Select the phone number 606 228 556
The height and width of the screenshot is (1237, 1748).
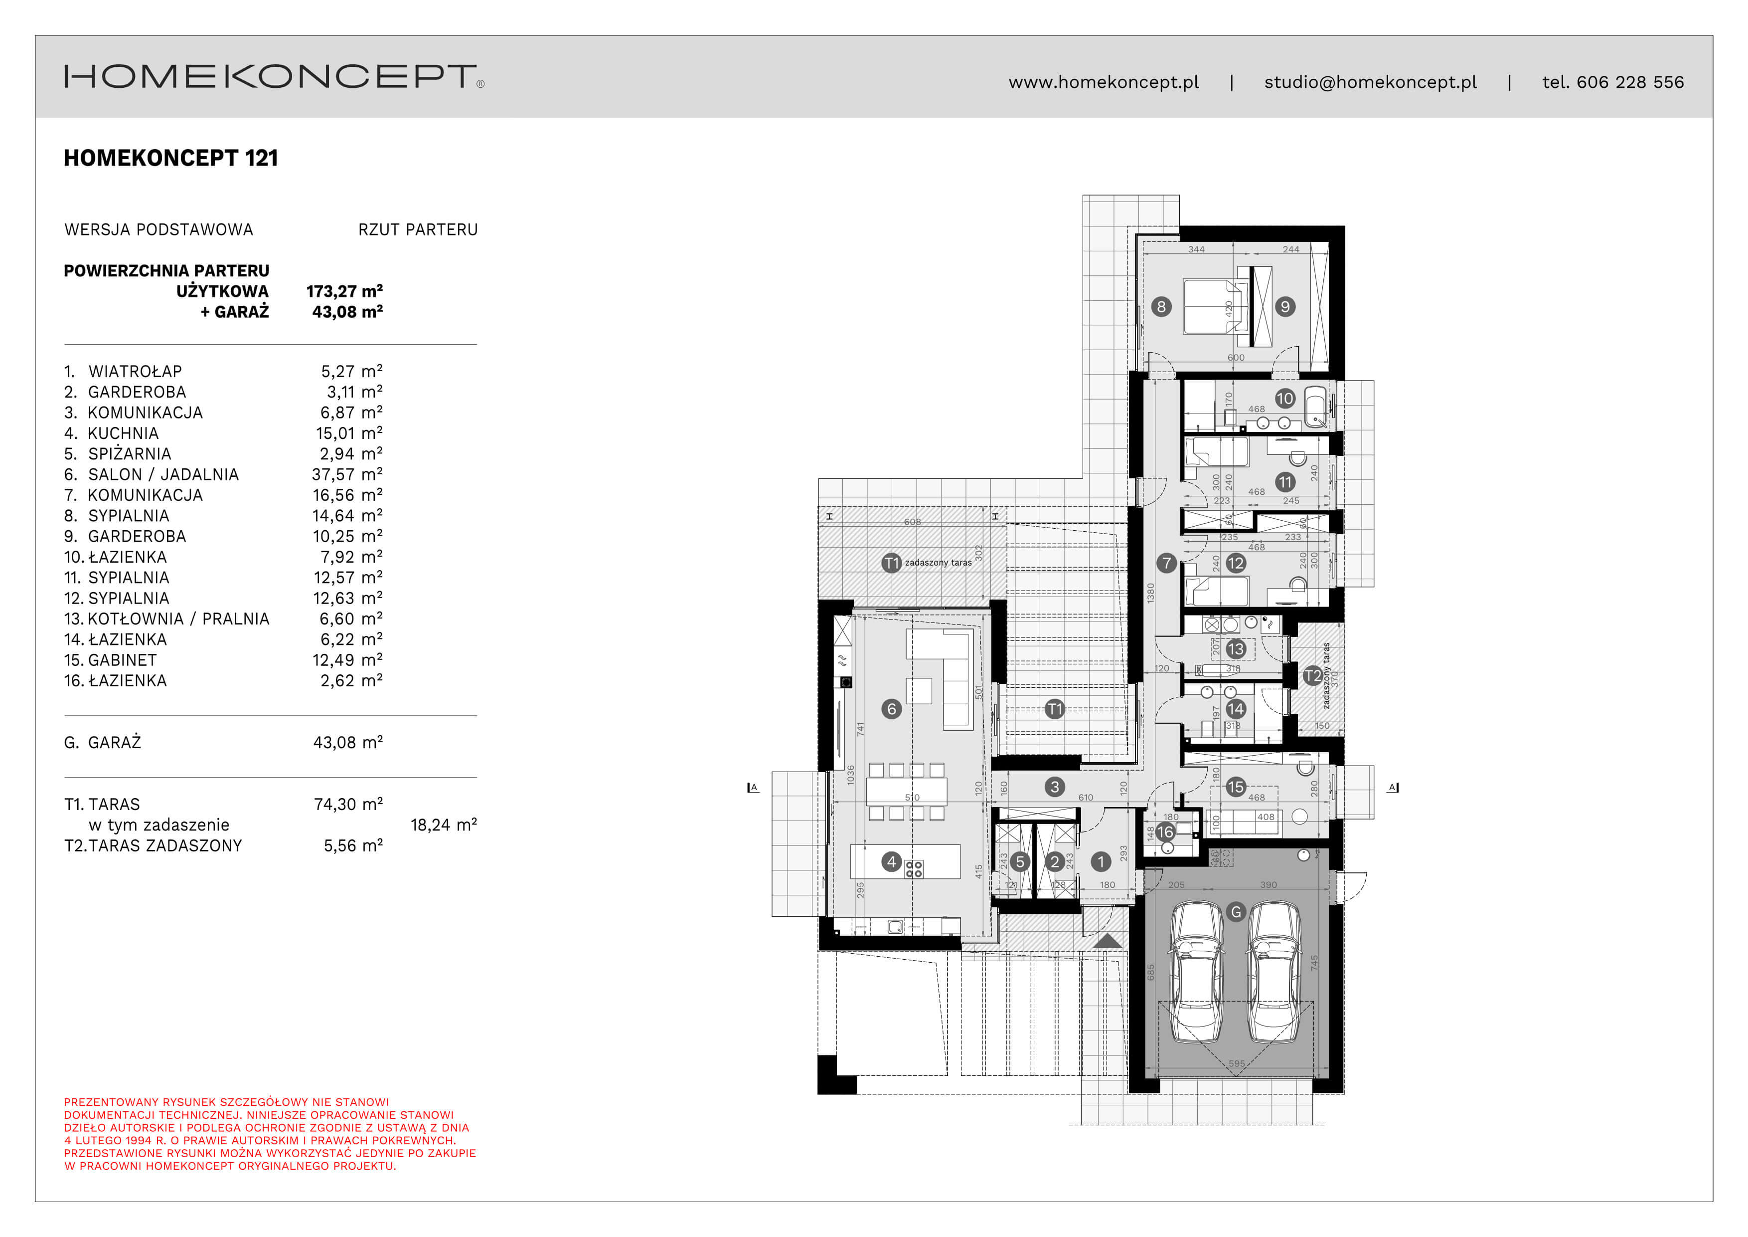[x=1629, y=82]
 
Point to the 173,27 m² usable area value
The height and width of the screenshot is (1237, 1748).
[x=344, y=291]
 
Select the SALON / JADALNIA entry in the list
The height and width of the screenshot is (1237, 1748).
[x=163, y=474]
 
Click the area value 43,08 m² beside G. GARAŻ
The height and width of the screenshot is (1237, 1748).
[x=348, y=742]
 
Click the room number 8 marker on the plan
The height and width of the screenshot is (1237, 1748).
[x=1160, y=307]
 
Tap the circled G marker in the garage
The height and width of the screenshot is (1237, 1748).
[x=1236, y=912]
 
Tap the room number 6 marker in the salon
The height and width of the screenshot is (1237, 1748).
[x=892, y=709]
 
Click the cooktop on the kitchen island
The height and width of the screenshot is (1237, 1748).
[x=914, y=868]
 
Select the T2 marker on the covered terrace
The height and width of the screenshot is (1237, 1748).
[x=1312, y=676]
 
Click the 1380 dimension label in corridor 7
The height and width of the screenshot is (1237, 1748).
[x=1150, y=593]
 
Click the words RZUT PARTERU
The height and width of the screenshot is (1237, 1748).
[x=418, y=229]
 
